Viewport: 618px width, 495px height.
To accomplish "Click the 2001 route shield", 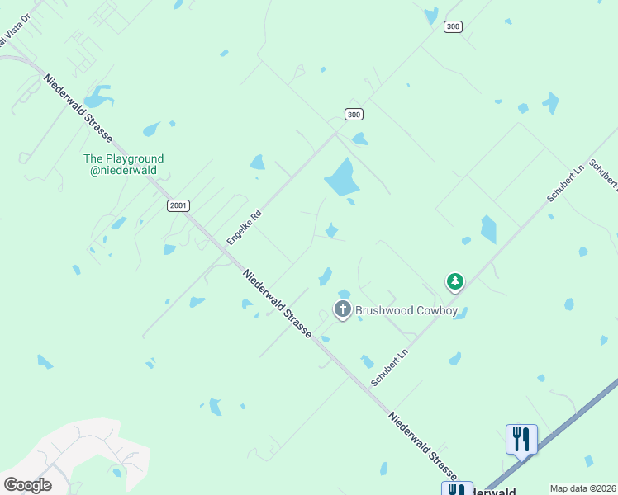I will point(178,205).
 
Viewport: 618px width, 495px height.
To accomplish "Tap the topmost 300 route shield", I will point(452,26).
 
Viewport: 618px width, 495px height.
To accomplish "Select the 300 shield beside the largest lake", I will point(354,114).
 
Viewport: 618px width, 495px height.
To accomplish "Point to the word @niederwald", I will point(123,171).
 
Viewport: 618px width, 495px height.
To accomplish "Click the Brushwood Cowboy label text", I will point(406,310).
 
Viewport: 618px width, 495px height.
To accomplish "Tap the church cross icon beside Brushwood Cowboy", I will point(342,310).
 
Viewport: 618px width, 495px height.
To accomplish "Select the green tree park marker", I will point(454,282).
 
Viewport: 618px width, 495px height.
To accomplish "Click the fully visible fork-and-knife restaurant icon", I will point(521,438).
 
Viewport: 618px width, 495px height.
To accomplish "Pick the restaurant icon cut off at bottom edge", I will point(457,488).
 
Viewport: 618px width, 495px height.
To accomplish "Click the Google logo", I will point(27,484).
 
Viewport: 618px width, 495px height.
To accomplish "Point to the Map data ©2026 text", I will point(583,488).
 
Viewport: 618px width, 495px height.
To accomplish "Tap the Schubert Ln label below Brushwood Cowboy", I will point(391,367).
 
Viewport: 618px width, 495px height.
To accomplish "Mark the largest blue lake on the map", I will point(340,177).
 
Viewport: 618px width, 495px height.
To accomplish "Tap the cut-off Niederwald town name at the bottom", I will point(494,490).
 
